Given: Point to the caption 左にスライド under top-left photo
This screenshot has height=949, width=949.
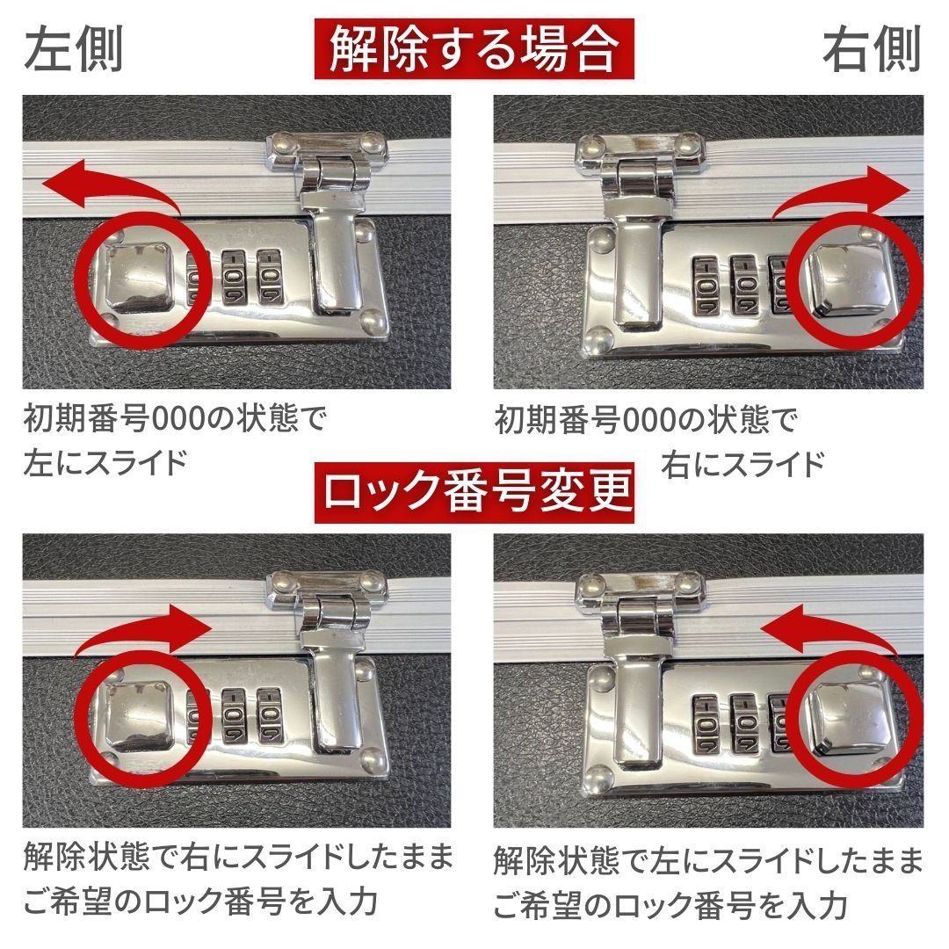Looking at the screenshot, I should pyautogui.click(x=105, y=461).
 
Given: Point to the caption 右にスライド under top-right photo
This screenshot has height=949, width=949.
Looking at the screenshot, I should pyautogui.click(x=743, y=463).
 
